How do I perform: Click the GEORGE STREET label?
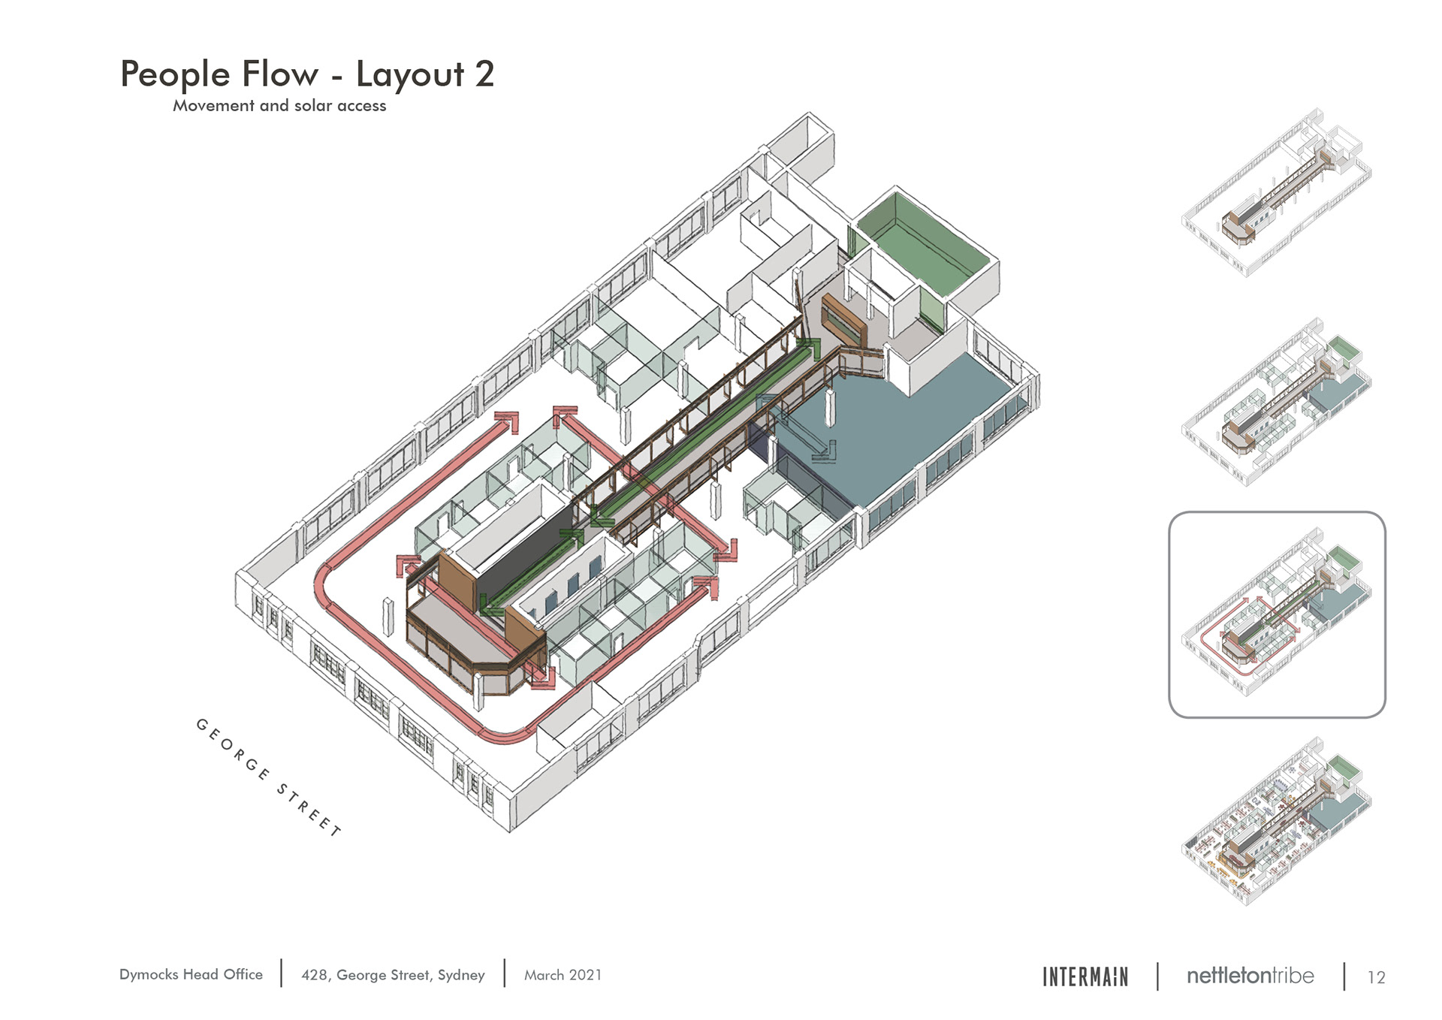[269, 777]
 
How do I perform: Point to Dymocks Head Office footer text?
[191, 974]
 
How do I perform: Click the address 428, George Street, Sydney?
[393, 975]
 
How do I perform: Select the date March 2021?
[563, 975]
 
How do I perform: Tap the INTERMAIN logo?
[1085, 976]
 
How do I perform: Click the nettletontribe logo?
[1250, 976]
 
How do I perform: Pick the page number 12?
[1376, 977]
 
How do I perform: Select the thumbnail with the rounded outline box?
[1277, 614]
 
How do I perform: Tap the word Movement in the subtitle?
[213, 106]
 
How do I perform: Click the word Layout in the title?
[410, 74]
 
